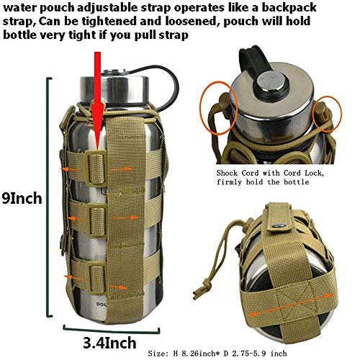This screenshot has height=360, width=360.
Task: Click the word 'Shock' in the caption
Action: (233, 173)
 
